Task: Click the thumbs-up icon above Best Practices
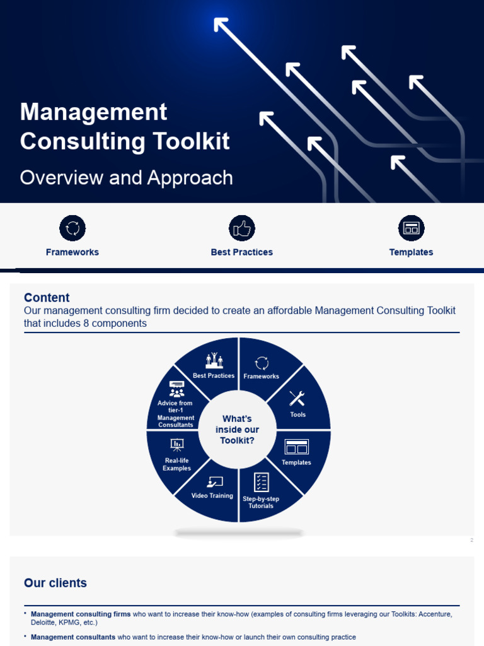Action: [241, 228]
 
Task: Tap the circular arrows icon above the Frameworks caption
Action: [72, 228]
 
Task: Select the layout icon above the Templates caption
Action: [411, 228]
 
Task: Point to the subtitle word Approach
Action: [190, 178]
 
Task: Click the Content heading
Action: [47, 298]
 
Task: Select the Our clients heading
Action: [55, 583]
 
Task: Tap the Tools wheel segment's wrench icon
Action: [297, 398]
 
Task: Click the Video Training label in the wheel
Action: [212, 496]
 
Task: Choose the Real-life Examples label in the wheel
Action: [176, 464]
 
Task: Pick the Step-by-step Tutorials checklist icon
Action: [261, 483]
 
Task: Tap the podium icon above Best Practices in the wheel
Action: [214, 360]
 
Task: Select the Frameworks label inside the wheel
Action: [261, 377]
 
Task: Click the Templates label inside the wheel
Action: [296, 462]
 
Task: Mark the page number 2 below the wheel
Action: [471, 540]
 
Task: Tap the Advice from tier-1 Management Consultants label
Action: [176, 414]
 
